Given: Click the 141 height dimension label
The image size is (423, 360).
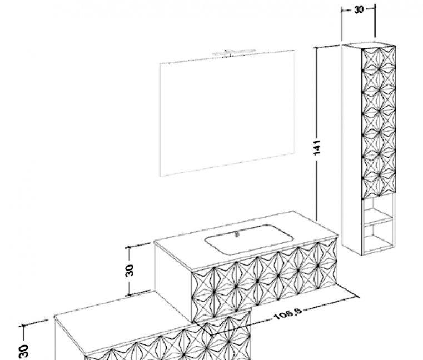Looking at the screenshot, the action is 317,147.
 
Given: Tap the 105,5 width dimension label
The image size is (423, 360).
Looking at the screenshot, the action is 287,314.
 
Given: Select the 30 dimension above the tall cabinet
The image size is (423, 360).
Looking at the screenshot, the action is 359,10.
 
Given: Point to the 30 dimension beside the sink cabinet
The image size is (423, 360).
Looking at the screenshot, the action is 130,271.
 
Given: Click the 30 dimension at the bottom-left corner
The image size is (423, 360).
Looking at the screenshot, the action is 24,351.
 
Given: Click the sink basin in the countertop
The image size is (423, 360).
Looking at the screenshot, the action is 248,239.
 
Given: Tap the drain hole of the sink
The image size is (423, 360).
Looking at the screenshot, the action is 237,234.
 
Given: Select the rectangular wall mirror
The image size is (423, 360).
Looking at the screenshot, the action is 227,113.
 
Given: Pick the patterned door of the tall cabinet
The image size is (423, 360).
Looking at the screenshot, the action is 379,123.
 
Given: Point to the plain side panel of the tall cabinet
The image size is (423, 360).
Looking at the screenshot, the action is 352,149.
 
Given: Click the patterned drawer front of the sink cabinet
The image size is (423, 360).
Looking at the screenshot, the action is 265,281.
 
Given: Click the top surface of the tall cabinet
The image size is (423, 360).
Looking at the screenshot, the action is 369,44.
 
